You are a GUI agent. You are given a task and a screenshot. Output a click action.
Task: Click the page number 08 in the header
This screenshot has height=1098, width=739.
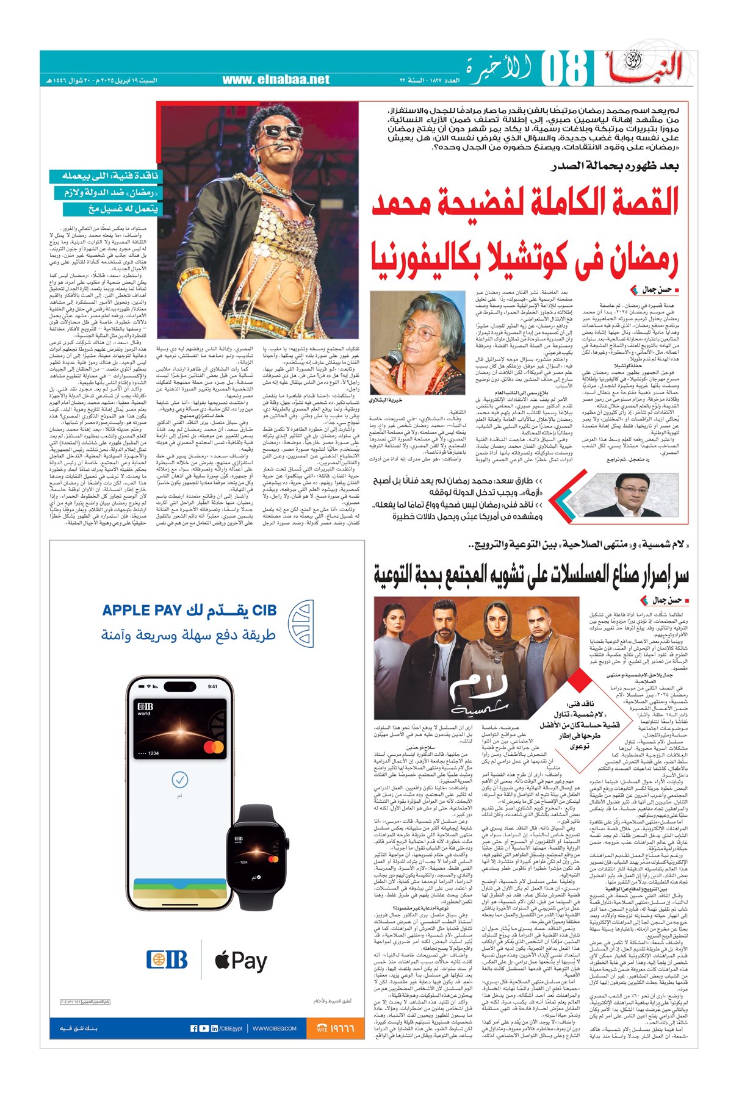565,70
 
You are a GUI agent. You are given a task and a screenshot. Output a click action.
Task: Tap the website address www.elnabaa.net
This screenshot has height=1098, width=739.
275,80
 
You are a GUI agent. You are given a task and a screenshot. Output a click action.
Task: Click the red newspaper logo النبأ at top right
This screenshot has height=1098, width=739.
647,67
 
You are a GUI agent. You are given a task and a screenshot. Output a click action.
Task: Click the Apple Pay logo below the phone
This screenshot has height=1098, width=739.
240,961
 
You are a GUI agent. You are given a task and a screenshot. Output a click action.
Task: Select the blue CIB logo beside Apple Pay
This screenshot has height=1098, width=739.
167,961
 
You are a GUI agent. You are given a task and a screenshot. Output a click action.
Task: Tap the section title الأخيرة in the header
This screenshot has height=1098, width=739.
495,69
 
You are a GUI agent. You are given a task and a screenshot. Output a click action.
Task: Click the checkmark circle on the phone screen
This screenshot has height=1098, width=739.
179,779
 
